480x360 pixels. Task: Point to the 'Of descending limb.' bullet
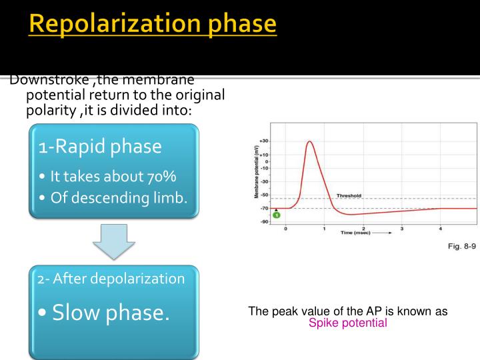[113, 197]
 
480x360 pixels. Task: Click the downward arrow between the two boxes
[113, 242]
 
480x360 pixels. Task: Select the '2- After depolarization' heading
[111, 279]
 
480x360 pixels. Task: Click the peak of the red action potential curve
[309, 141]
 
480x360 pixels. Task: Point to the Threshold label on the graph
[348, 196]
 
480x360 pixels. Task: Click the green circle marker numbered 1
[276, 215]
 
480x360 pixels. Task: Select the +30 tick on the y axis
[264, 141]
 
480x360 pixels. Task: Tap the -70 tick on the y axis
[265, 208]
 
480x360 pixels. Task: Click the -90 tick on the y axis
[265, 221]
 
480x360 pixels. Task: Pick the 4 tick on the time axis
[440, 229]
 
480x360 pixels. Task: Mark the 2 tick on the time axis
[363, 229]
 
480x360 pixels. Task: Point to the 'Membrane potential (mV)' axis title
[256, 172]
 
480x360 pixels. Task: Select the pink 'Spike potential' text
[347, 323]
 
